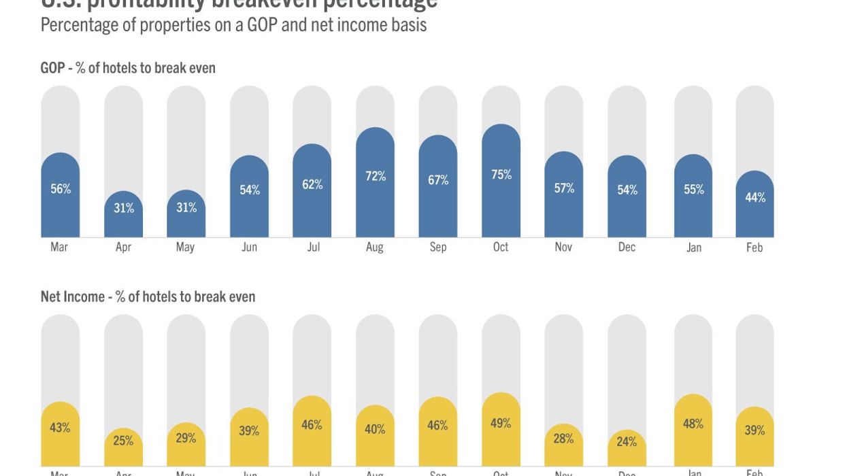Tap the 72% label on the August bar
coord(375,176)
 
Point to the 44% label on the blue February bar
coord(755,197)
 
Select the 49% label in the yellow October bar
coord(501,423)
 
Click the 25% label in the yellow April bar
coord(123,441)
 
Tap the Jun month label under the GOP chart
coord(249,247)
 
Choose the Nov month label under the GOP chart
coord(563,247)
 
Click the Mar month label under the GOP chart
coord(59,247)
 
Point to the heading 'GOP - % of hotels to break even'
coord(128,68)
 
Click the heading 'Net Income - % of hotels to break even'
coord(148,296)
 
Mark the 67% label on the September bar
coord(438,180)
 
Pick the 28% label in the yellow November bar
coord(563,439)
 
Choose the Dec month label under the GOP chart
coord(627,247)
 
